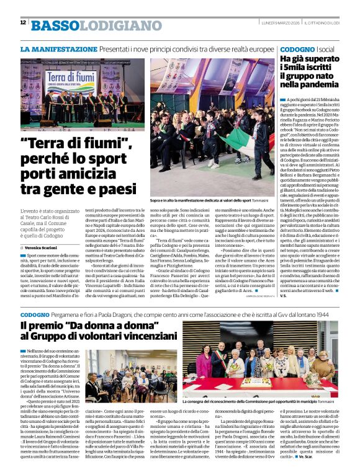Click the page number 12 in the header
click(23, 22)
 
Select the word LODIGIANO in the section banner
click(111, 25)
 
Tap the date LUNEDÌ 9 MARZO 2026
click(279, 22)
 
